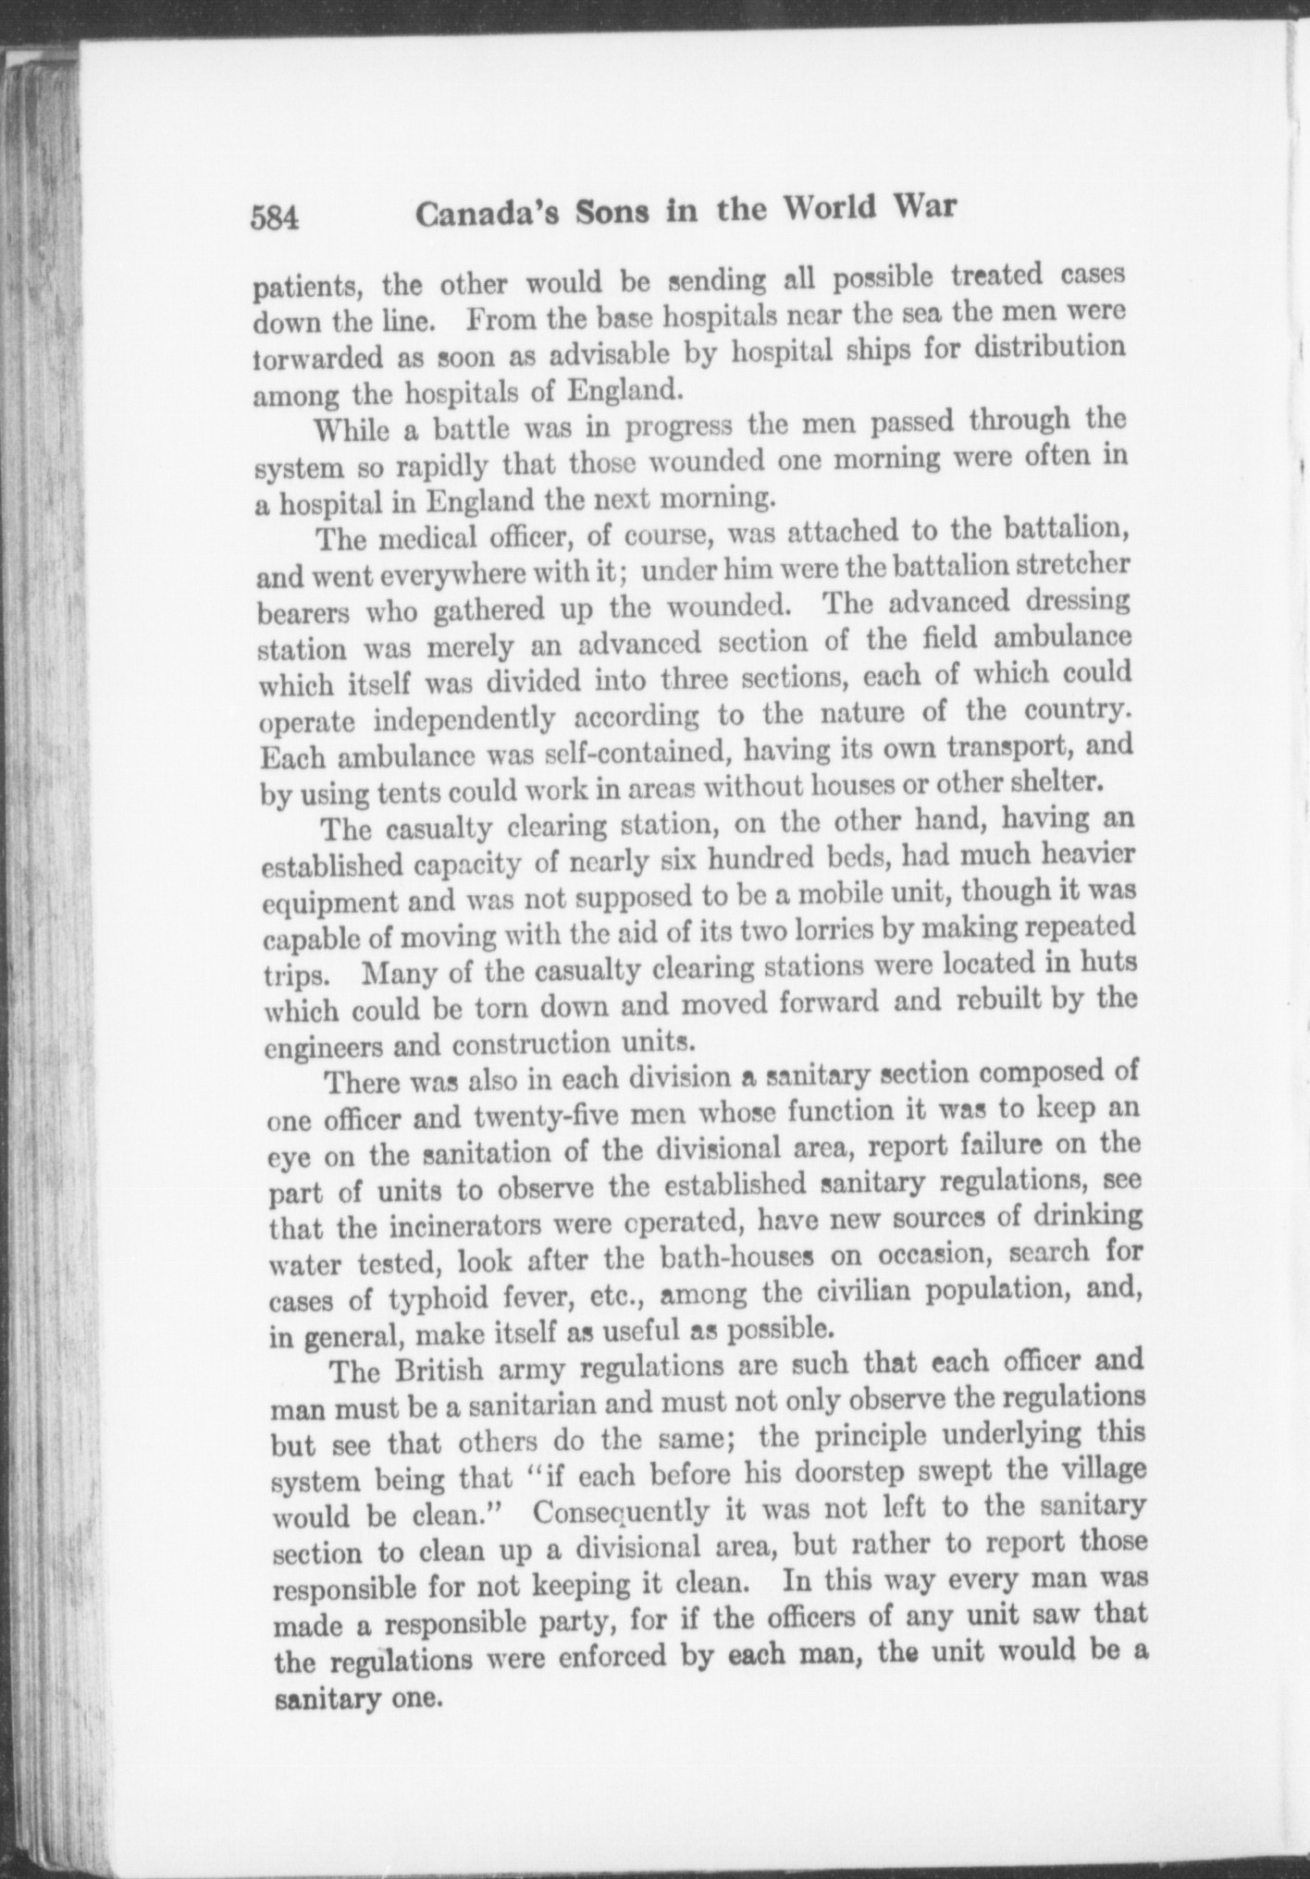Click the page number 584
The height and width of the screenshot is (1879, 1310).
tap(274, 218)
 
